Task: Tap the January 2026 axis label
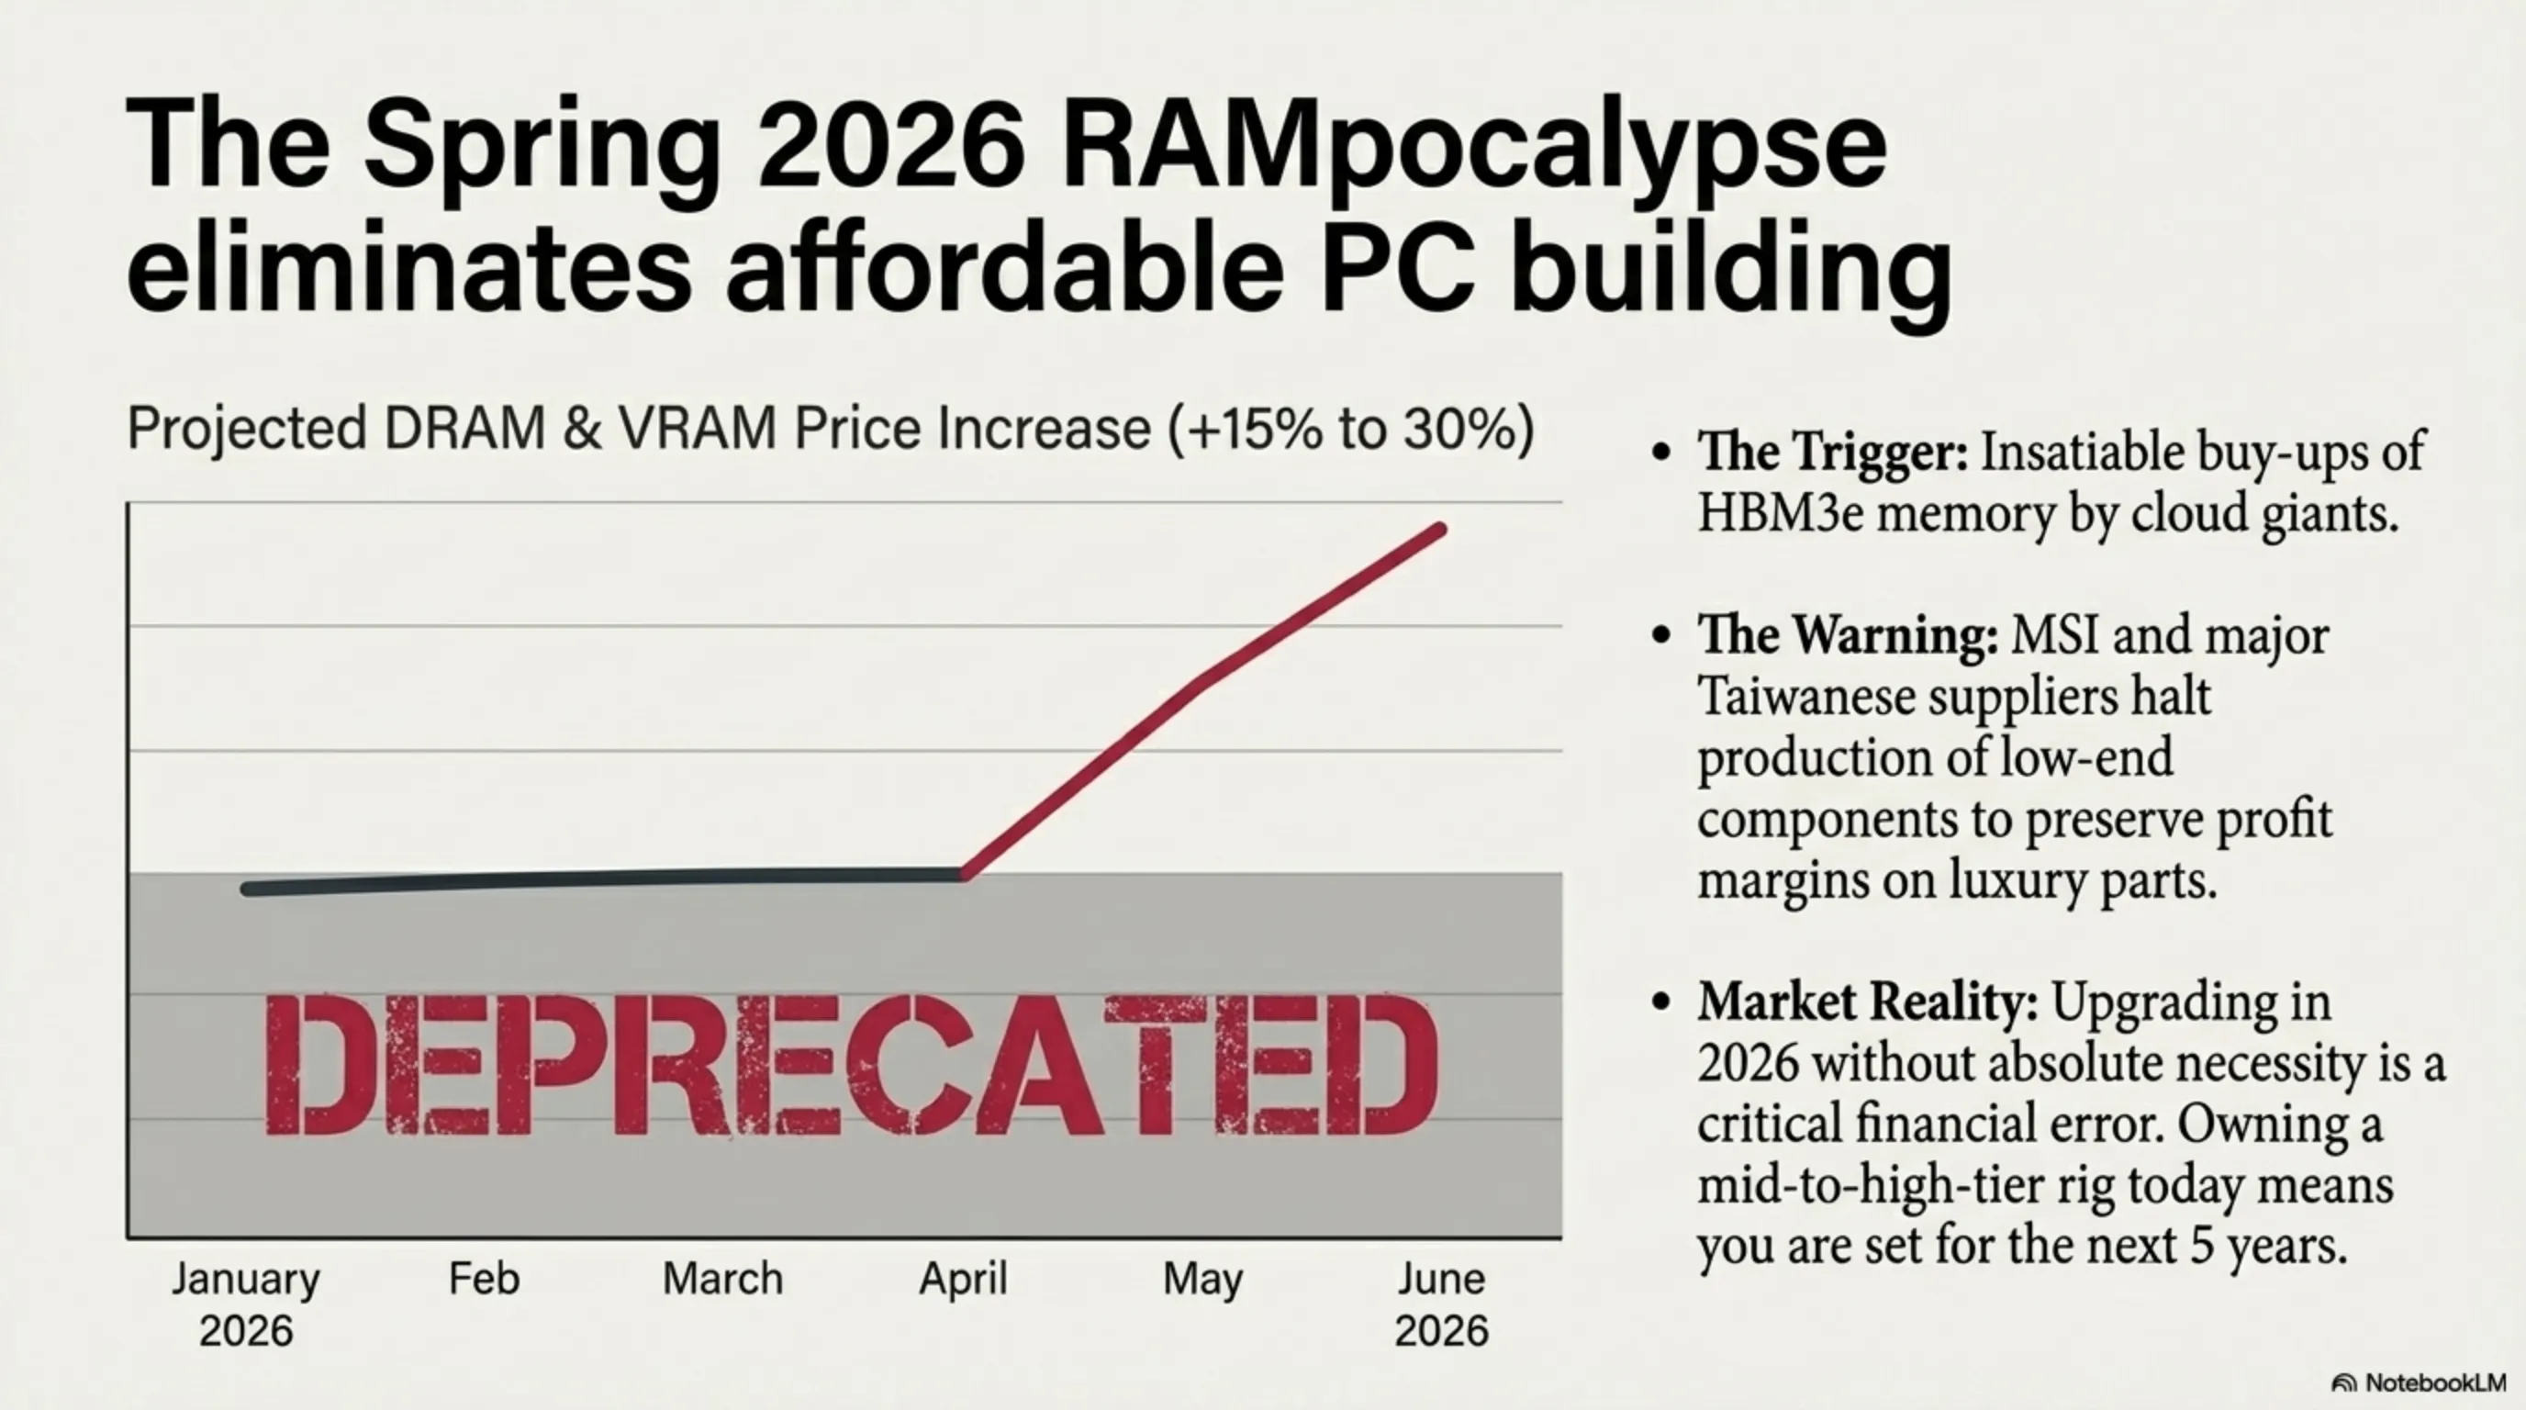[246, 1304]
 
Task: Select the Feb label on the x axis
[484, 1279]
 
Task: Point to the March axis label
[722, 1279]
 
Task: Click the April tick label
[963, 1279]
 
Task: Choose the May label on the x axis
[1202, 1280]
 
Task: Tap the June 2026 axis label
[1441, 1304]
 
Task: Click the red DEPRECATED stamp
[851, 1065]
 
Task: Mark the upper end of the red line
[1440, 531]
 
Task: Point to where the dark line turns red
[964, 874]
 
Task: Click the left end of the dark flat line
[247, 890]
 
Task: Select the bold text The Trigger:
[1832, 452]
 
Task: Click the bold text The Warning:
[1848, 634]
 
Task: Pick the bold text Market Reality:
[1867, 1002]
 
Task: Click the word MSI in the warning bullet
[2054, 634]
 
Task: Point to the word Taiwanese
[1805, 697]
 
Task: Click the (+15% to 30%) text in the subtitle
[1351, 429]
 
